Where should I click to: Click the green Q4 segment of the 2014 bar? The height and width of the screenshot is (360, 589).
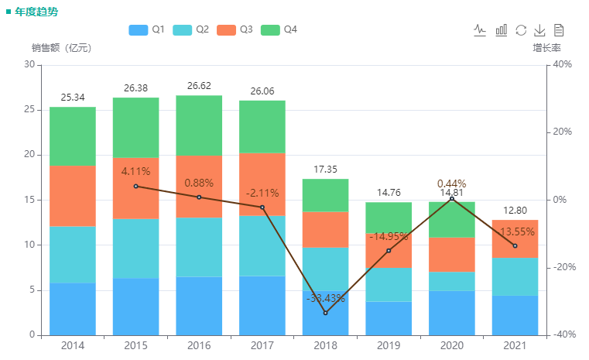tap(73, 136)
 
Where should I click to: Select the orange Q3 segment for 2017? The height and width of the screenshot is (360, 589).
tap(262, 184)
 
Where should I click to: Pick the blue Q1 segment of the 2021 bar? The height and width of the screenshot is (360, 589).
tap(515, 315)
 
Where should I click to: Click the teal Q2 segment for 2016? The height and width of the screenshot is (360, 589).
tap(199, 247)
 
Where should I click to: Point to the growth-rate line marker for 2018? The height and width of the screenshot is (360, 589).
tap(325, 313)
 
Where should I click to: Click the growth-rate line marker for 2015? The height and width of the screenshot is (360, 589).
tap(136, 186)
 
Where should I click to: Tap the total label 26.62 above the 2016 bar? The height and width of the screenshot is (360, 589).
tap(199, 87)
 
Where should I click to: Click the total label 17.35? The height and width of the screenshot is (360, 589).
tap(325, 170)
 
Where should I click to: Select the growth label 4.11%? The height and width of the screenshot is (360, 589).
tap(135, 171)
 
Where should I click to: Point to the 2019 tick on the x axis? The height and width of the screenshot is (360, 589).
tap(389, 345)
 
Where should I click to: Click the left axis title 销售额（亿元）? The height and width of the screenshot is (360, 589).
tap(62, 48)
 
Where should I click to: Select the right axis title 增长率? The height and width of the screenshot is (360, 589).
tap(546, 48)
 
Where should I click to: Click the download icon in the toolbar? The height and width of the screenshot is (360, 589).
tap(540, 29)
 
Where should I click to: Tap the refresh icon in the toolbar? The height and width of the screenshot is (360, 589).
tap(521, 29)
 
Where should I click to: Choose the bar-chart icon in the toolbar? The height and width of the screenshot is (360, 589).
tap(502, 29)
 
